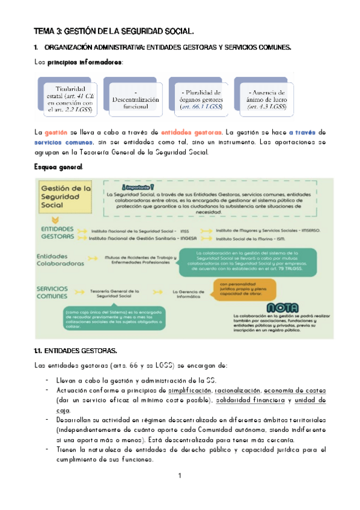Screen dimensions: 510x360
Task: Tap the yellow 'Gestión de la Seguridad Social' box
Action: coord(65,198)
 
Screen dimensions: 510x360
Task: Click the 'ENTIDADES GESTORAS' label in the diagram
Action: coord(58,233)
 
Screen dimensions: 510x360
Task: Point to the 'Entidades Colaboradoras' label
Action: coord(59,260)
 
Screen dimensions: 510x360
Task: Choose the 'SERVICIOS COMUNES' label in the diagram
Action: coord(55,292)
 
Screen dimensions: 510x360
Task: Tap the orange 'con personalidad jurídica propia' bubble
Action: coord(245,290)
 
